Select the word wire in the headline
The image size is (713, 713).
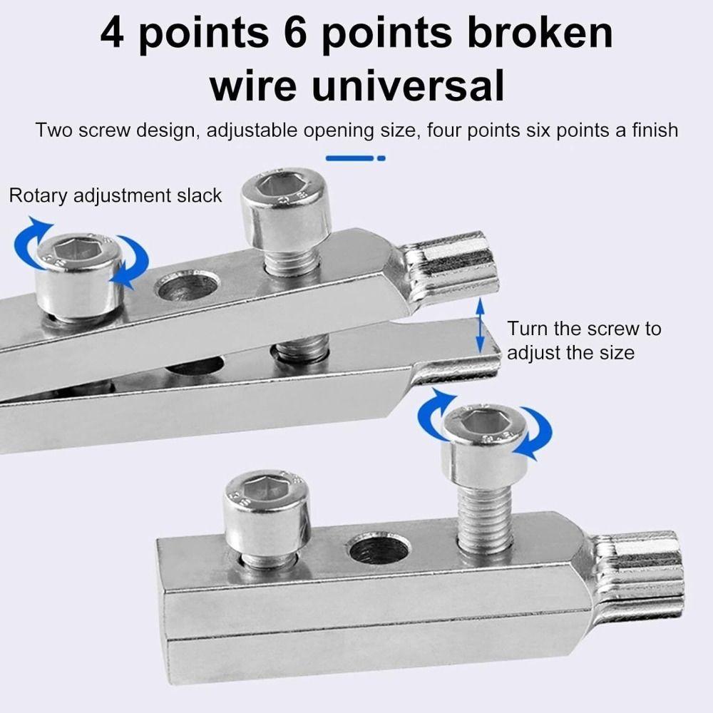pos(249,85)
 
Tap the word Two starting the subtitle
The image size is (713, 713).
pos(55,130)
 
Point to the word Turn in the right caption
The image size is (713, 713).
pos(528,329)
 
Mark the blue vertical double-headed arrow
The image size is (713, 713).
pos(481,326)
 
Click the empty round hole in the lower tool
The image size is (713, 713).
pos(378,549)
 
